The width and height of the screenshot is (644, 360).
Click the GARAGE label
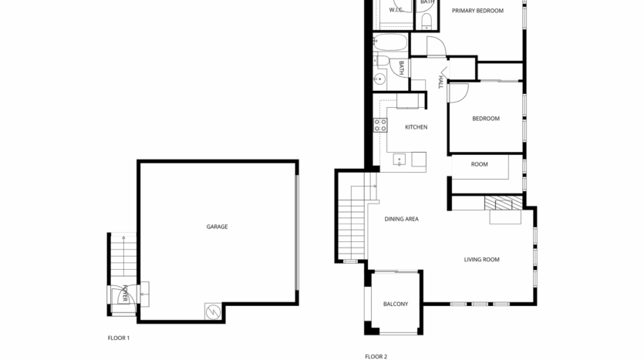[x=217, y=227]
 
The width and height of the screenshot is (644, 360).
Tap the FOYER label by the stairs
[x=124, y=294]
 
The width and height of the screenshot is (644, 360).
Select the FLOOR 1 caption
[x=119, y=338]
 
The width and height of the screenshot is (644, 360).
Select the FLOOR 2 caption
[x=376, y=356]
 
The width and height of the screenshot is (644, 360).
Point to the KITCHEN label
[x=416, y=127]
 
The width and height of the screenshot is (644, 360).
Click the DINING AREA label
[x=401, y=220]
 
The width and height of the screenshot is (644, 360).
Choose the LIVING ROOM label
[x=481, y=260]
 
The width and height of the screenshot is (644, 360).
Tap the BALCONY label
[x=396, y=304]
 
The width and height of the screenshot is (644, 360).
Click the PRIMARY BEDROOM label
[x=477, y=11]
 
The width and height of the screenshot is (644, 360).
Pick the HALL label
[x=441, y=81]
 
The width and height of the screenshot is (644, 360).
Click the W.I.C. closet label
[x=396, y=11]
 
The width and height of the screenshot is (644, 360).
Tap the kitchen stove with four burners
[x=380, y=125]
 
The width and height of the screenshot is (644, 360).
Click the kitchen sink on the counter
[x=400, y=160]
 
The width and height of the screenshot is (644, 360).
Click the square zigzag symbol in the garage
[x=211, y=311]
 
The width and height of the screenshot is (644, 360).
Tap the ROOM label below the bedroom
[x=480, y=164]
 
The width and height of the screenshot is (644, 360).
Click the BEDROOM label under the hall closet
[x=486, y=119]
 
